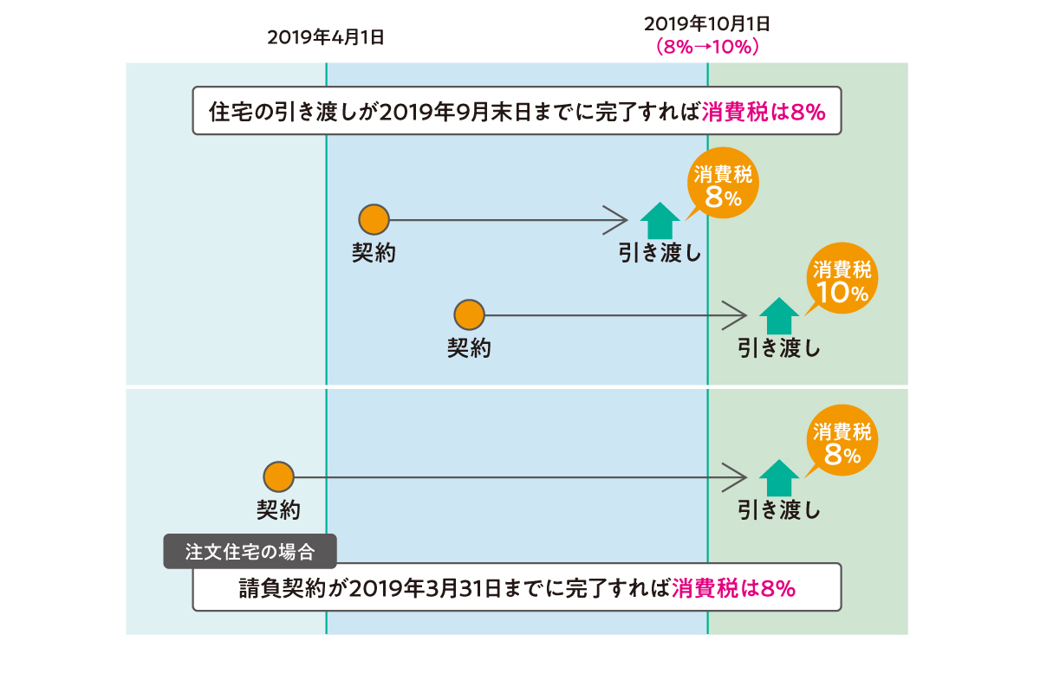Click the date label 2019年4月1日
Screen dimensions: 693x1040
325,37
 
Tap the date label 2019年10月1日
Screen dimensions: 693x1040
707,23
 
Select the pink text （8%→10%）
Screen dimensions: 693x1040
708,47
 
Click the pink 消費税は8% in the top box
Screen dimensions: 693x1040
763,112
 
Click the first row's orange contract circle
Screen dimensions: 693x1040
374,220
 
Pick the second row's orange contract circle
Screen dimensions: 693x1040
469,314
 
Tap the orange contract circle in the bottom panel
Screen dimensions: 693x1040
279,476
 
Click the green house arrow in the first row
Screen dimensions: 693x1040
660,220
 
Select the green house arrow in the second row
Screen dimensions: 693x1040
779,314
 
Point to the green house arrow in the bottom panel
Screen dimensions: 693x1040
779,476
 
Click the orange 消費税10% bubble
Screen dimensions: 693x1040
842,283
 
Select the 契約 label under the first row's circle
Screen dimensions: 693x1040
374,253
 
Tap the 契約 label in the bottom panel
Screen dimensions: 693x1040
278,510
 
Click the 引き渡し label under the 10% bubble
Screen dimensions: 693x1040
778,348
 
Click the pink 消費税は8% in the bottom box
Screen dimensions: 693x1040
733,589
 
